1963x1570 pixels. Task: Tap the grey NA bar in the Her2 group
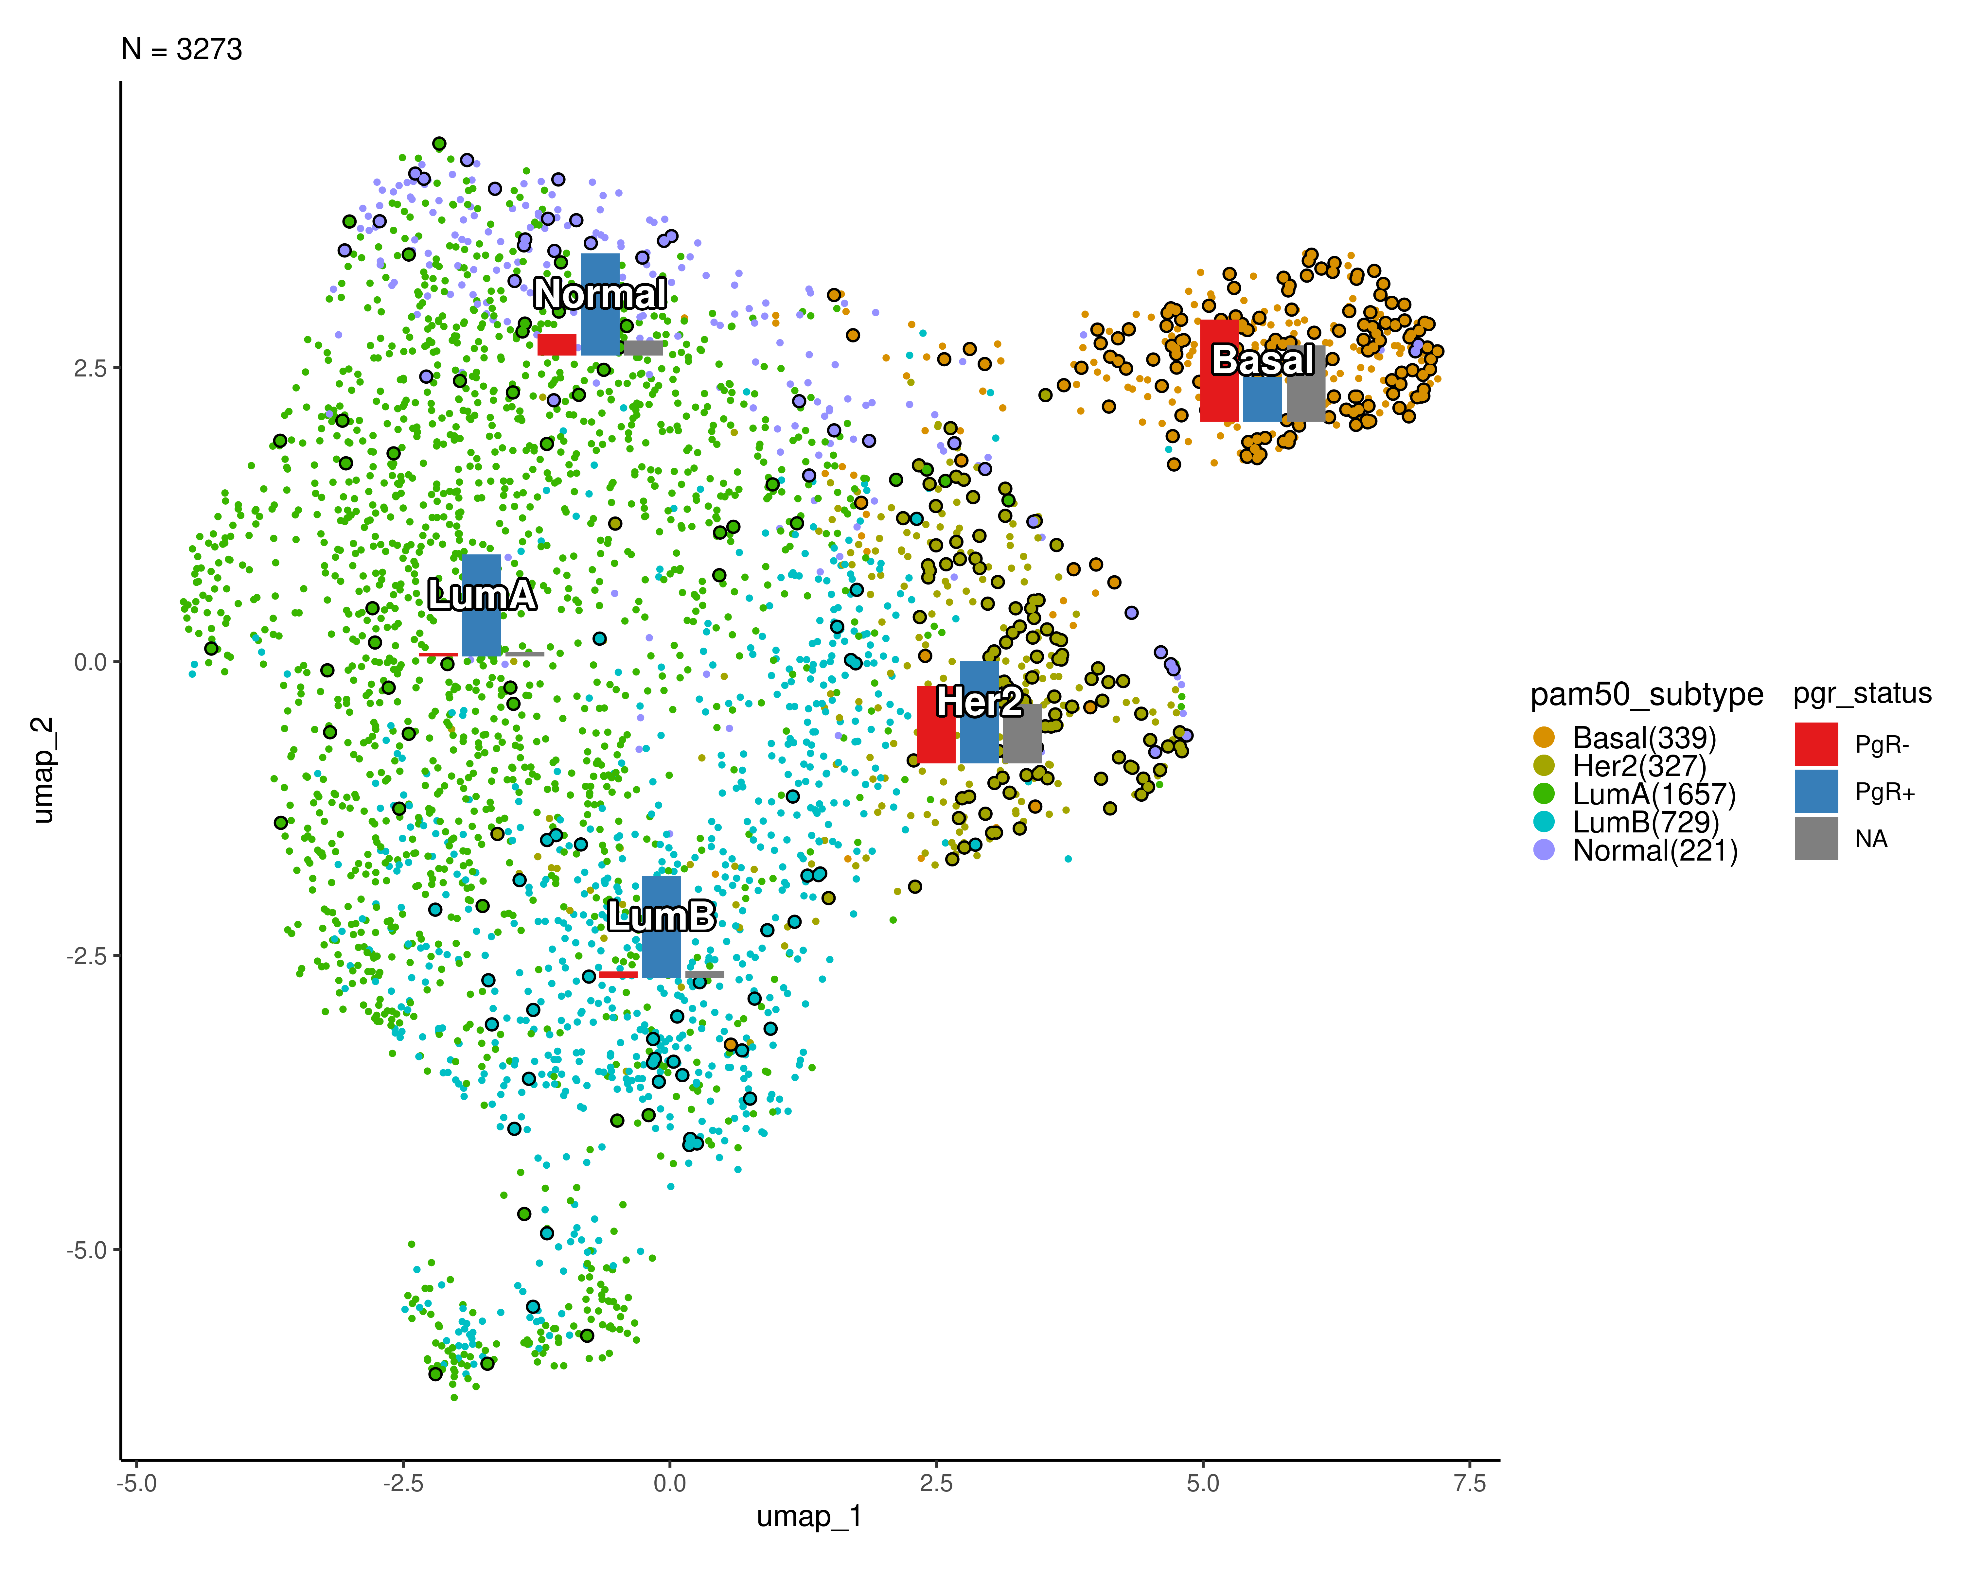pos(1021,734)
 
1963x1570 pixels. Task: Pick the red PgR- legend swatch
pos(1815,743)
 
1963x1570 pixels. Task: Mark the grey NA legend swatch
pos(1815,838)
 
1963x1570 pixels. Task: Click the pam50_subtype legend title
pos(1646,694)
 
